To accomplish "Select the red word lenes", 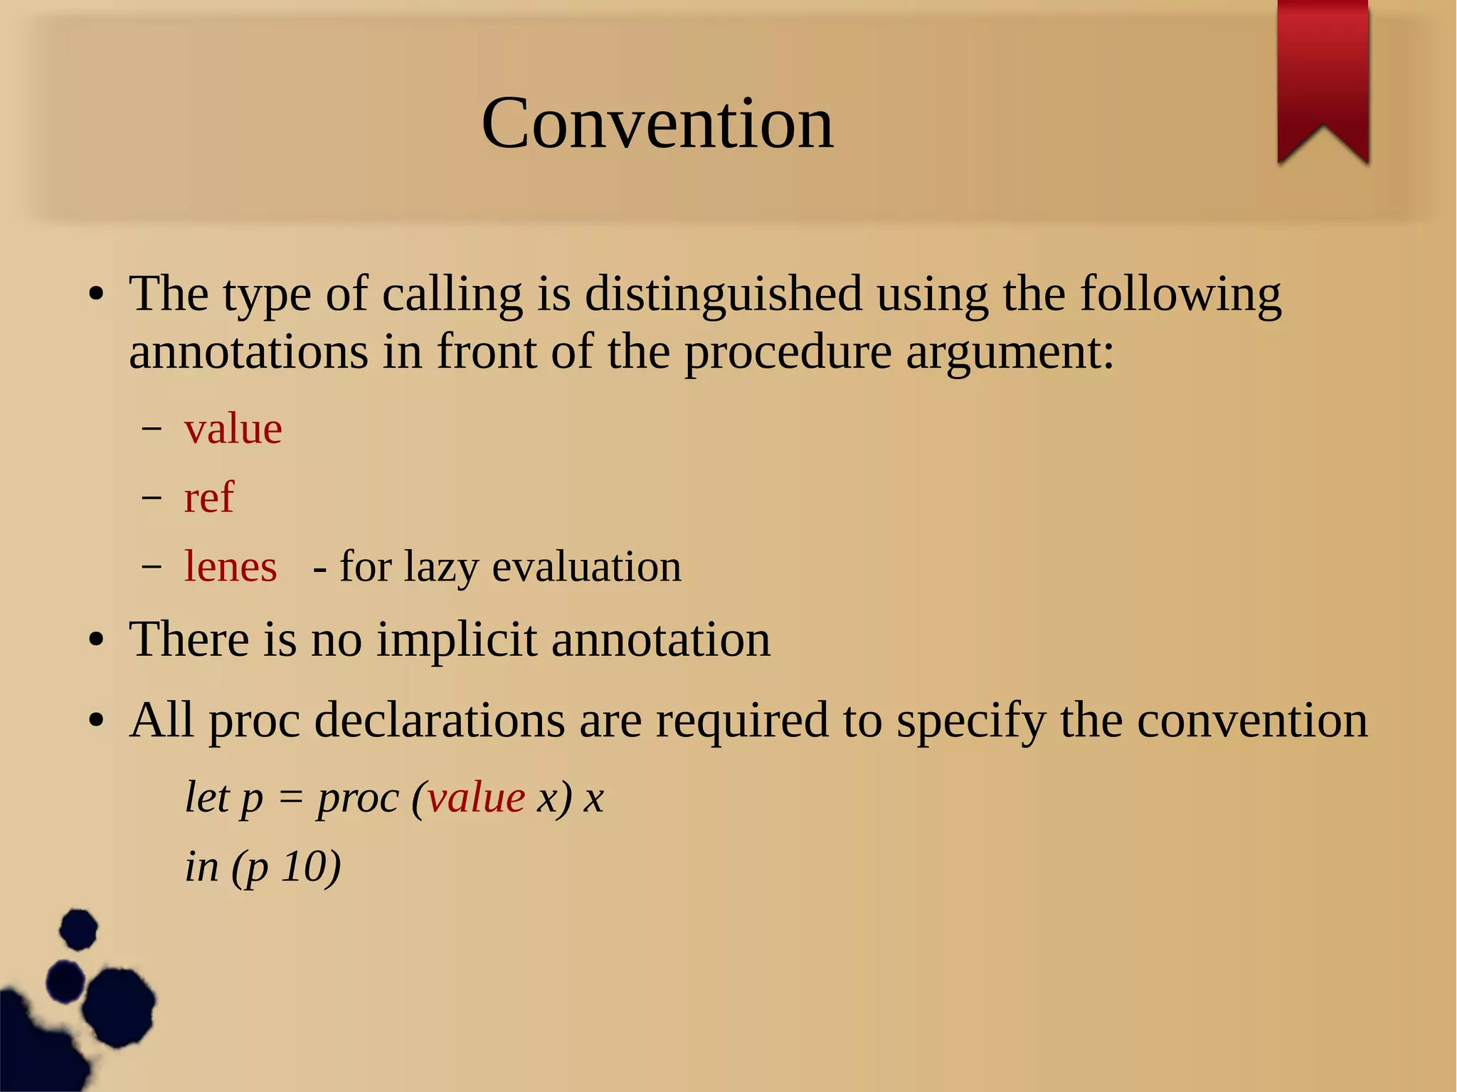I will pos(231,566).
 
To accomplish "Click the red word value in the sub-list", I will pos(233,428).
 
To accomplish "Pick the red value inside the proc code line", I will pos(476,797).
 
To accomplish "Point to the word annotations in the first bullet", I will pos(248,351).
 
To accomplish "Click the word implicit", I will pos(456,639).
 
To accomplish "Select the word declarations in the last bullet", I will pos(440,720).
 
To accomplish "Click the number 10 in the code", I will pos(303,866).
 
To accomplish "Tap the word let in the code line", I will pos(207,797).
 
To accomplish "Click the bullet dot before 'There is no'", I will pos(97,640).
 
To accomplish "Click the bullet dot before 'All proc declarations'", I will pos(97,721).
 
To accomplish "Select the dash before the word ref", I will pos(151,497).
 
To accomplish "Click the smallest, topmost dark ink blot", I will pos(78,929).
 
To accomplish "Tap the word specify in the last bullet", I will pos(970,720).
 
